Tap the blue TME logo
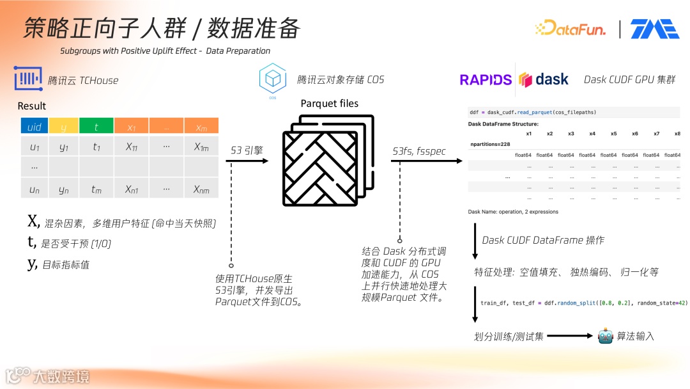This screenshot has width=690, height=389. [x=654, y=29]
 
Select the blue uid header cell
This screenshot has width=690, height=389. [x=34, y=127]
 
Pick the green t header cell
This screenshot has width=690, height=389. [x=96, y=127]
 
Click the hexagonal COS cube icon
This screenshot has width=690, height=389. [x=272, y=79]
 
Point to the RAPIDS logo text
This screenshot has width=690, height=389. [x=486, y=80]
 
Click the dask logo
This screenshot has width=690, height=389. [x=544, y=79]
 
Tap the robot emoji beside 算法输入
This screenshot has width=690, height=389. [x=605, y=335]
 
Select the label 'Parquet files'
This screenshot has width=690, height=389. [x=329, y=104]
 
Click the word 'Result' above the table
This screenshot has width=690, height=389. [x=32, y=106]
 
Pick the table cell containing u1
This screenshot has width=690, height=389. [x=34, y=147]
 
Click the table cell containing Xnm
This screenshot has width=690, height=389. [x=201, y=189]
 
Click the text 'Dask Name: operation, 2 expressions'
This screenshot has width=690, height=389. [x=513, y=212]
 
